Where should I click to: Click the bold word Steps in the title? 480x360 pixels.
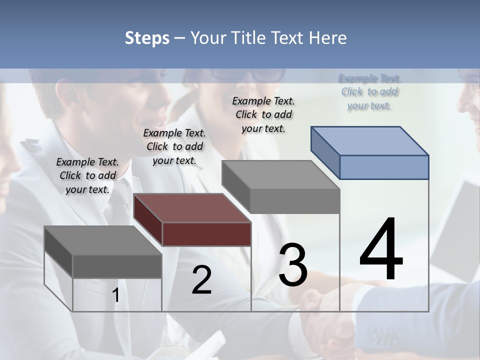(147, 38)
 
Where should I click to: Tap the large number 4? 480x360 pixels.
(381, 249)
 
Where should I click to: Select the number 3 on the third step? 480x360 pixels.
(292, 265)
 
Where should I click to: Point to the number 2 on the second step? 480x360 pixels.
(201, 280)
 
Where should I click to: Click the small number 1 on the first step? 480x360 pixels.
(116, 295)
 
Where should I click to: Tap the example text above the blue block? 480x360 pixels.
(369, 92)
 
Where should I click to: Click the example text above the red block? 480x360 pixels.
(174, 146)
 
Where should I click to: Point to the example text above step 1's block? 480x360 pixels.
(87, 175)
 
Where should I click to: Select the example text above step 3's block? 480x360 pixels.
(263, 114)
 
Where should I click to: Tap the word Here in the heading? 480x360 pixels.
(328, 38)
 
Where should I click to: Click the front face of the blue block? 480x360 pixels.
(384, 167)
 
